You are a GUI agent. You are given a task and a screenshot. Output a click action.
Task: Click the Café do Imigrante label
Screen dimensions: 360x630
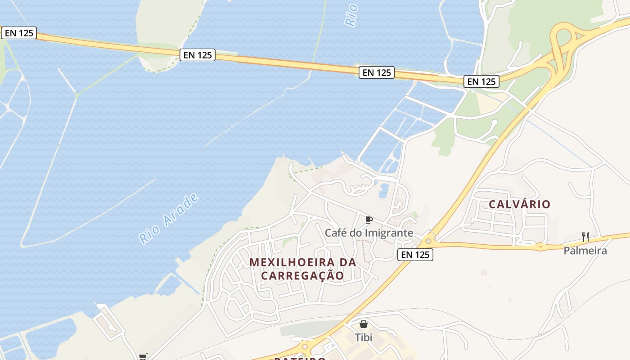tap(369, 233)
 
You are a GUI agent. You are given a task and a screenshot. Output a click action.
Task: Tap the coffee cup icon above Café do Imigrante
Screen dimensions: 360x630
tap(369, 220)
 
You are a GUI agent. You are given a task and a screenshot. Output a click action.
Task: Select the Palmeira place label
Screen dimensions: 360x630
tap(585, 251)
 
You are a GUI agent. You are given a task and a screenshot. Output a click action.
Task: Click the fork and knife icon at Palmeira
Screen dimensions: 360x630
tap(585, 237)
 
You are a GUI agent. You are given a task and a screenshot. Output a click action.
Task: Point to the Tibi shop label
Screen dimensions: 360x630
tap(364, 337)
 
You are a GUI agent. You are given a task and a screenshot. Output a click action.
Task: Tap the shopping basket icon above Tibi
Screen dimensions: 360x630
tap(364, 324)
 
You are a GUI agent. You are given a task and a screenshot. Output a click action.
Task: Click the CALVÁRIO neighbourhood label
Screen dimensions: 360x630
tap(519, 204)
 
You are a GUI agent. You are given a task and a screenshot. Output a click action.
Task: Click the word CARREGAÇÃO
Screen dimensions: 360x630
tap(302, 275)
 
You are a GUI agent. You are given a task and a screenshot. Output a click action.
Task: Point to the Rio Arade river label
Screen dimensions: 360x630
tap(169, 219)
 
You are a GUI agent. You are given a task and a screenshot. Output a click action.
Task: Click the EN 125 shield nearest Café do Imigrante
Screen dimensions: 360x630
tap(415, 255)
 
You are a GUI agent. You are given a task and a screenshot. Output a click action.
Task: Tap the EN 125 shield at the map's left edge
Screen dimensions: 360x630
tap(18, 33)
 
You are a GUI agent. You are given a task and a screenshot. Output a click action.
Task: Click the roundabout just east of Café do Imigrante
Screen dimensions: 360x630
tap(428, 241)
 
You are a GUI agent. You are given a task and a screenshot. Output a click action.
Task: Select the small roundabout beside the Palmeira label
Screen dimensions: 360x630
tap(540, 247)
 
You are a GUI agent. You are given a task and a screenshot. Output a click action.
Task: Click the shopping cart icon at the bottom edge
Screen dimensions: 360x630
tap(143, 357)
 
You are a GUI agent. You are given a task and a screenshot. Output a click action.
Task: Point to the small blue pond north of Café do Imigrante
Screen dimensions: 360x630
tap(384, 191)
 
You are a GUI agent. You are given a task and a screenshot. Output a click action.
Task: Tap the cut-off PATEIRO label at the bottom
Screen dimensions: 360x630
tap(300, 358)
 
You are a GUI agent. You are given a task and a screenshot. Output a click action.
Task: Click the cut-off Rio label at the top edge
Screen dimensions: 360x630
tap(351, 14)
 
